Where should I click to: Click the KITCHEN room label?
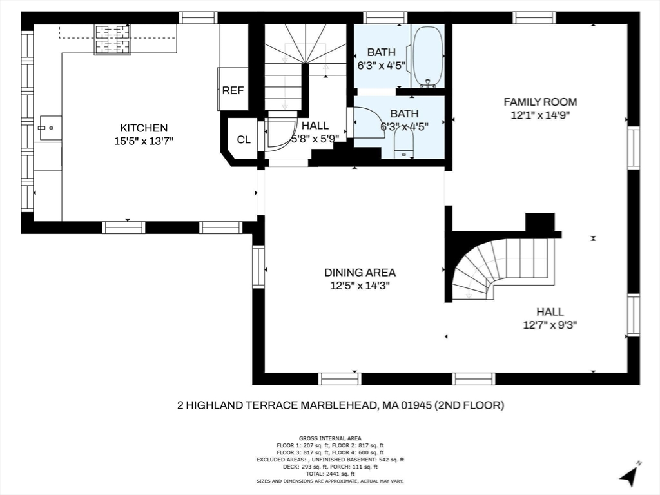tap(144, 128)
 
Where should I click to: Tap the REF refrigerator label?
tap(233, 90)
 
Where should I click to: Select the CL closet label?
tap(244, 140)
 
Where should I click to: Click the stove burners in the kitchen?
tap(112, 39)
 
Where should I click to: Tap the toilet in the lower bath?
tap(404, 142)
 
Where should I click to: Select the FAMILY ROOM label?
tap(541, 102)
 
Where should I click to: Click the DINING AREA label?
tap(360, 273)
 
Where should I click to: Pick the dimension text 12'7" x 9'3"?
tap(550, 325)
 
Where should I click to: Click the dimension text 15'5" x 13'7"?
tap(144, 141)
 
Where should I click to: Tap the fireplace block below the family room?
tap(540, 222)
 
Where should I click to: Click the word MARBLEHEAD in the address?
tap(338, 405)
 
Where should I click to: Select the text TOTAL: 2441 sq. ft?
tap(330, 474)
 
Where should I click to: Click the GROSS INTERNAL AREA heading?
tap(330, 438)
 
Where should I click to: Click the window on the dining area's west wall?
tap(258, 266)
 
